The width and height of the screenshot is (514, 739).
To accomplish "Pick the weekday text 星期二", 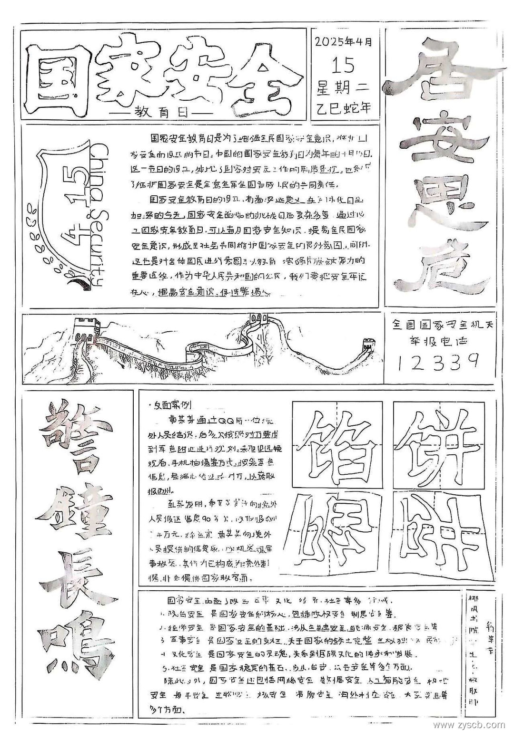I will coord(343,87).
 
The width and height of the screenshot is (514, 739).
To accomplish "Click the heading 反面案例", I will coord(170,405).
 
